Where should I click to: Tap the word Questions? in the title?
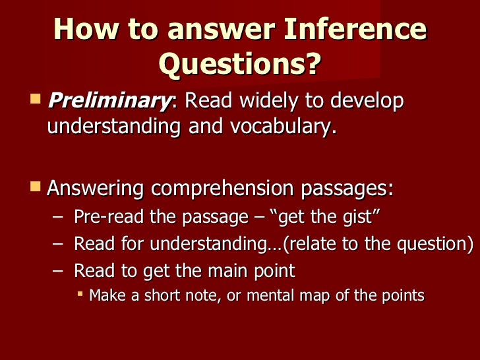pos(239,64)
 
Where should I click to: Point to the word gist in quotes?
pos(358,217)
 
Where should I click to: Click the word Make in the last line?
pos(107,295)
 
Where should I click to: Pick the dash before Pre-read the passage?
pos(58,217)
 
